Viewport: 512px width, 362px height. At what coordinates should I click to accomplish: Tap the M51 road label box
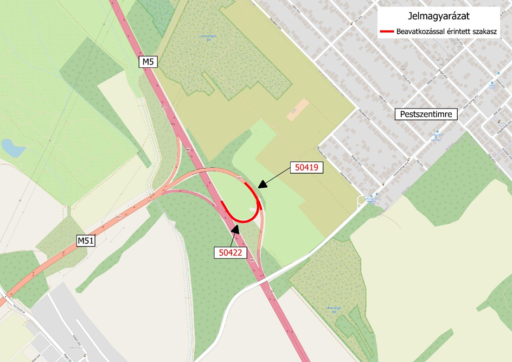pyautogui.click(x=86, y=241)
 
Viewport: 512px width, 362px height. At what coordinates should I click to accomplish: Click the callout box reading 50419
pyautogui.click(x=306, y=168)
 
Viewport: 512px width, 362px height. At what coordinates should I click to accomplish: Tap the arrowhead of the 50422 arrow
pyautogui.click(x=236, y=227)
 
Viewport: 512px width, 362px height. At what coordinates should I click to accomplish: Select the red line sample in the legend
pyautogui.click(x=387, y=31)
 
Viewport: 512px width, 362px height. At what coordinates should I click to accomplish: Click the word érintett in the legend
pyautogui.click(x=458, y=31)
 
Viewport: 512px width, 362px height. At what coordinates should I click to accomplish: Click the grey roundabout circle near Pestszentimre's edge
pyautogui.click(x=361, y=200)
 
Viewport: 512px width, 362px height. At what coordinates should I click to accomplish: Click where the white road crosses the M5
pyautogui.click(x=264, y=282)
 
